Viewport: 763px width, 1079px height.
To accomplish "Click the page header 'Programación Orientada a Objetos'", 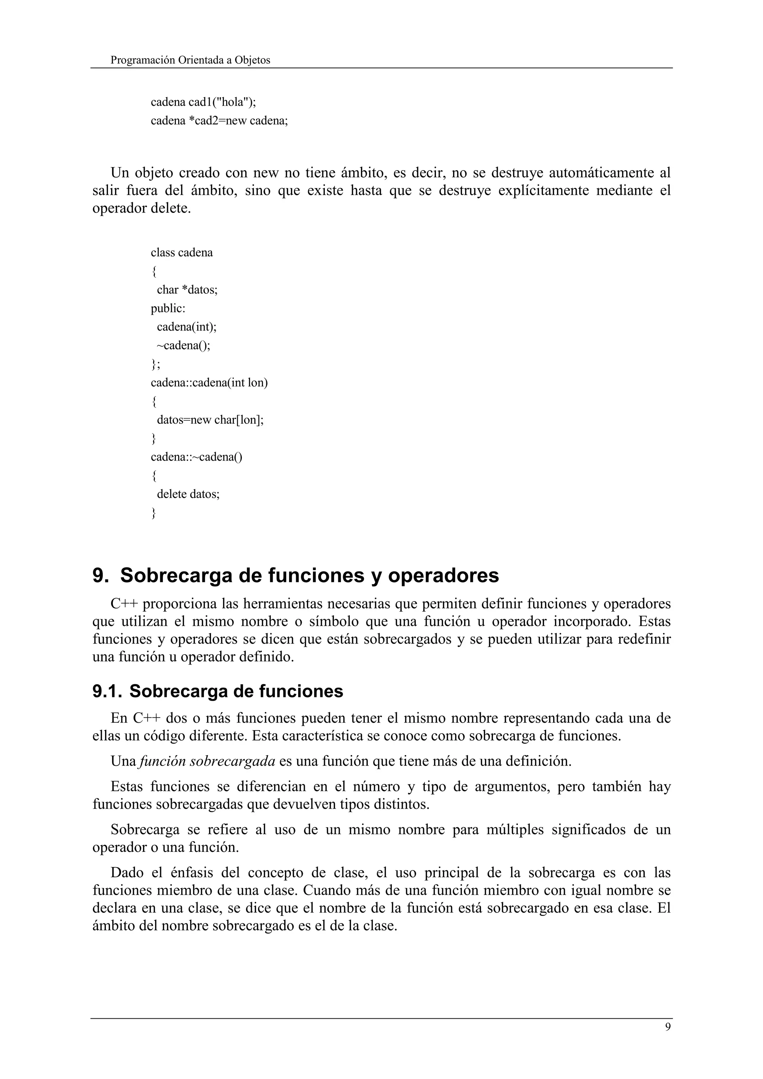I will (190, 60).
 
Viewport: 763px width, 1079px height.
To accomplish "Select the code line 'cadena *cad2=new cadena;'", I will (219, 121).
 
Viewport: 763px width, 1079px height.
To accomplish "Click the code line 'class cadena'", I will (181, 253).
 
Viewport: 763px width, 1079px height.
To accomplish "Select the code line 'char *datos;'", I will (187, 290).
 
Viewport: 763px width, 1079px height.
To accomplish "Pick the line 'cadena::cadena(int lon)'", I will (209, 382).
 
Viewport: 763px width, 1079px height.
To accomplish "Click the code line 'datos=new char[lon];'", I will (210, 420).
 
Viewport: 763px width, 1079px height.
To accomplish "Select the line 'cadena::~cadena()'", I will (196, 457).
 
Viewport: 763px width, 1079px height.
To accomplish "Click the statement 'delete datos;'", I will (188, 494).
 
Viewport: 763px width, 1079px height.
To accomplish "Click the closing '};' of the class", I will (155, 364).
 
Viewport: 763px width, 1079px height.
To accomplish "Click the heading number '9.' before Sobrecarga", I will (101, 576).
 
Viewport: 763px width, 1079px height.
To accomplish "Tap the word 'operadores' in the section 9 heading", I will (443, 576).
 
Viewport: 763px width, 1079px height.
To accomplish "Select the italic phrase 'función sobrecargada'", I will (207, 761).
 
